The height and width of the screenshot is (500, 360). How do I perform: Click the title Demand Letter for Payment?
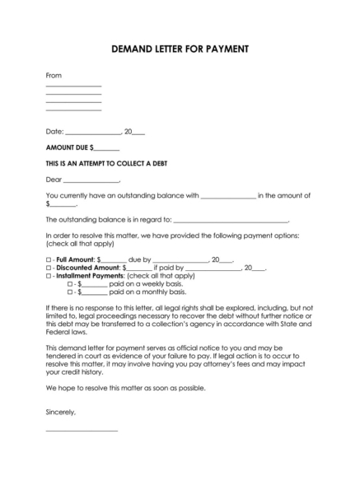tap(179, 49)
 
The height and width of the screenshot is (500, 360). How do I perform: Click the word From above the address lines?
tap(54, 76)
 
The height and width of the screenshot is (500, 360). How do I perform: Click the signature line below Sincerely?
tap(82, 431)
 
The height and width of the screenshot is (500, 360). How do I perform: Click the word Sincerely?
tap(61, 411)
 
